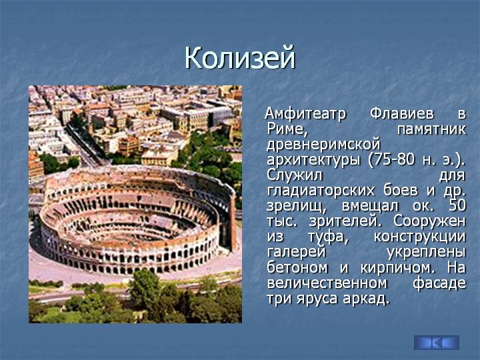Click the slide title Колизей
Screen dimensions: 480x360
tap(240, 58)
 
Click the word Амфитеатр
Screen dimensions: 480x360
tap(305, 114)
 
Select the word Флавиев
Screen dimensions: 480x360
tap(401, 113)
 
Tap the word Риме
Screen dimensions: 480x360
tap(287, 129)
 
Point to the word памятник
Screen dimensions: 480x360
tap(431, 129)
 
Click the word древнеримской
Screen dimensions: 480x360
tap(323, 145)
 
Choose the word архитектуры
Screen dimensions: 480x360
tap(313, 161)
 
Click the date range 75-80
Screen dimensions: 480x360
tap(391, 160)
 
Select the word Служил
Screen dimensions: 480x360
tap(295, 176)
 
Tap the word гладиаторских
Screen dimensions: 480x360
tap(321, 191)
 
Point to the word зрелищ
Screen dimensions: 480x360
tap(297, 206)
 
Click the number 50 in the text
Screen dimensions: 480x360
tap(457, 206)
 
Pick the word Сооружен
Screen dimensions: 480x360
tap(429, 221)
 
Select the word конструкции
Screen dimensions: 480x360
tap(419, 237)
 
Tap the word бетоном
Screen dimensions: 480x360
tap(297, 267)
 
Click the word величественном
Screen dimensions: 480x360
tap(327, 283)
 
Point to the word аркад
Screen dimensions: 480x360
tap(366, 298)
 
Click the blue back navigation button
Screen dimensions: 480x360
tap(437, 343)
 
